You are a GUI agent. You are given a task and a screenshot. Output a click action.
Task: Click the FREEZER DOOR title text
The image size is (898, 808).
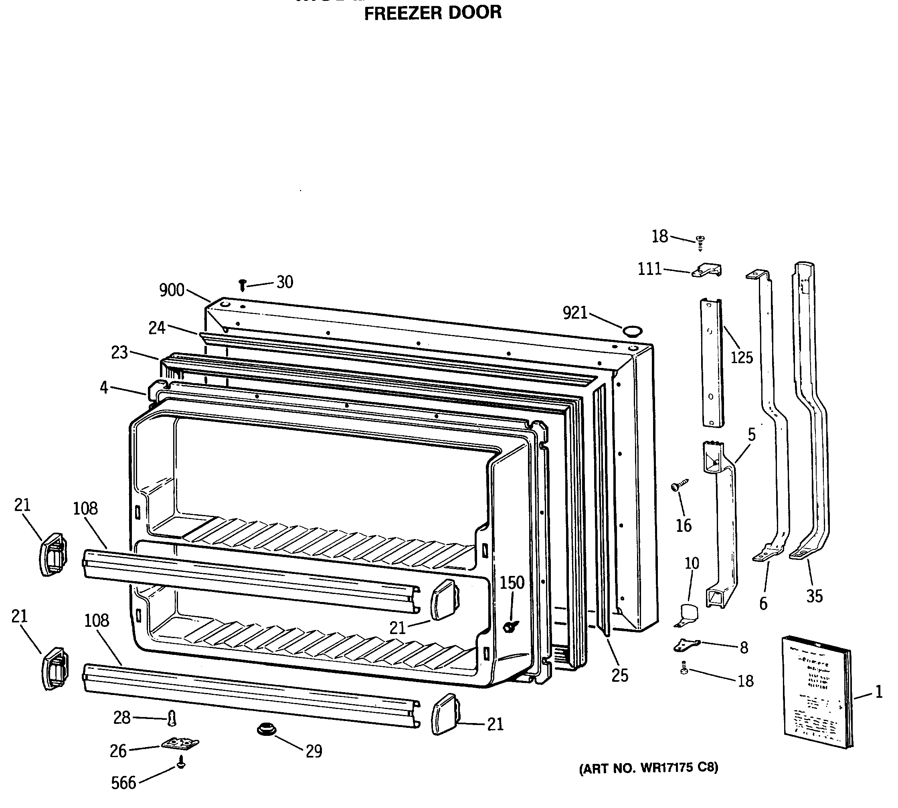click(433, 13)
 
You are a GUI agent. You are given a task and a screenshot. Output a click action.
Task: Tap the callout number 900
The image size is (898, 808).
click(172, 290)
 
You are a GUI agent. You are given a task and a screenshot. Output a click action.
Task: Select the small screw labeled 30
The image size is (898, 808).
click(243, 285)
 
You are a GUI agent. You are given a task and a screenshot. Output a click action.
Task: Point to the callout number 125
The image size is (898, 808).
click(742, 358)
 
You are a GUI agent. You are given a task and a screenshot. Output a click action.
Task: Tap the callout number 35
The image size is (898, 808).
click(815, 596)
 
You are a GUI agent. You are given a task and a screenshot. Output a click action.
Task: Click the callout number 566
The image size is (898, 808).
click(123, 783)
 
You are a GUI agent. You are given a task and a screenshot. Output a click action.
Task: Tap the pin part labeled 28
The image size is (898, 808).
click(172, 718)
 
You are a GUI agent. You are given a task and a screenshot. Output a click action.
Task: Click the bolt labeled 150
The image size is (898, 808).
click(510, 626)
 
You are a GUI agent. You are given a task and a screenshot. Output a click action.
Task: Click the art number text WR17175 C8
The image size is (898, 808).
click(648, 768)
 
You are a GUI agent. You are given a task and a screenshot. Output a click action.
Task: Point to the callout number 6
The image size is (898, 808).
click(763, 604)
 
